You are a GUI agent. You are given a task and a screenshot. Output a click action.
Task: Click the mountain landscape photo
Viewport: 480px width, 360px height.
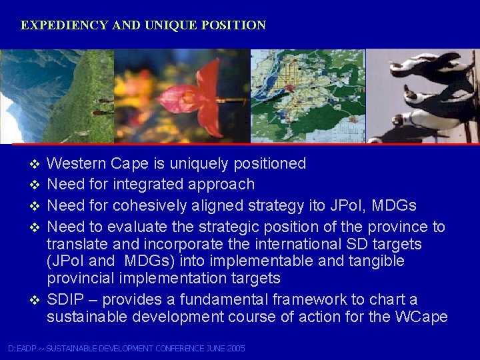click(x=57, y=96)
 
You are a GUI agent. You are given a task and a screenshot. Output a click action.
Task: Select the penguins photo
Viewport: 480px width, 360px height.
click(x=424, y=96)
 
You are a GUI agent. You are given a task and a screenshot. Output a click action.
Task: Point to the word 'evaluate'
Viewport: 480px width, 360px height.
click(x=150, y=226)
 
